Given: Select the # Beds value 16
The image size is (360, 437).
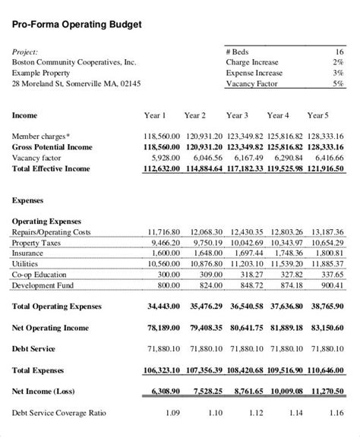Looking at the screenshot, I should tap(339, 52).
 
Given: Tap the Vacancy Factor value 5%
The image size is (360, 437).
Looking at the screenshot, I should tap(337, 84).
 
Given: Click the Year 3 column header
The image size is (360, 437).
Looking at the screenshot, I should tap(236, 116).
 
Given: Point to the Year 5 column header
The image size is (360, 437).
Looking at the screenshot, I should tap(317, 116).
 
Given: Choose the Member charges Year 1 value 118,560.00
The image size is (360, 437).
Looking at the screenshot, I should tap(161, 136).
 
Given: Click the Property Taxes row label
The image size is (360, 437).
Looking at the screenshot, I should tap(36, 242).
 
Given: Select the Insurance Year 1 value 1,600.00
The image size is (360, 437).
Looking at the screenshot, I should tap(165, 253).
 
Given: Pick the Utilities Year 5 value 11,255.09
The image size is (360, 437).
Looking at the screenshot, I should tap(324, 263).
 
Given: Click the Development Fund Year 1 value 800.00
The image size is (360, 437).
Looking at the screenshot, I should tap(168, 285).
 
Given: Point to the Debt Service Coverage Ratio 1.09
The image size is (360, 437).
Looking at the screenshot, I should tap(172, 413).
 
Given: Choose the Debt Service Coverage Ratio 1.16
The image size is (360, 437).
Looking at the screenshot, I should tap(335, 413).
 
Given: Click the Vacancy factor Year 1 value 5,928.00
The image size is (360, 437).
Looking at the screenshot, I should tap(165, 157).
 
